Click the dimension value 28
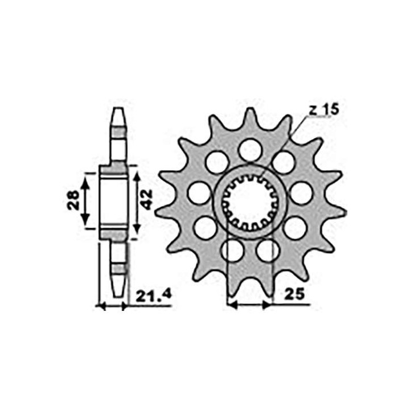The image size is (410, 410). point(73,200)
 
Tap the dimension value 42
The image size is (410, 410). point(146,199)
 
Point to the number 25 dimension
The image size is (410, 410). point(294,294)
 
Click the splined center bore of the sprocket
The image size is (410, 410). point(250,203)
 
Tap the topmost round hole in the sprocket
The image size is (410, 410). point(251,150)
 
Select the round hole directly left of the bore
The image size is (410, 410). point(199,194)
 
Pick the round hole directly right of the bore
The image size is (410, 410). point(301,194)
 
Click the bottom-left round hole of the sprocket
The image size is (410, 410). point(232,251)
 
